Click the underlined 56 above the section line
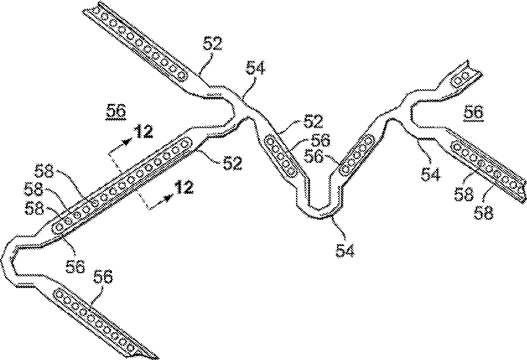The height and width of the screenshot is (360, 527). tap(116, 111)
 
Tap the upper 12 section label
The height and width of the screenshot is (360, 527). tap(144, 133)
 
